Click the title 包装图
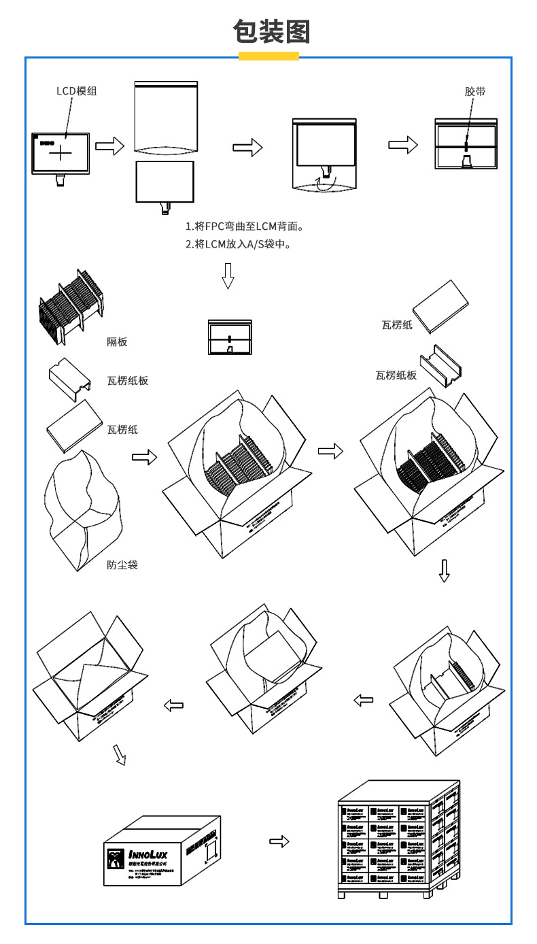[x=271, y=31]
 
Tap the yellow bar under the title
[x=268, y=56]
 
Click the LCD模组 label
[x=76, y=91]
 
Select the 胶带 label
[x=475, y=91]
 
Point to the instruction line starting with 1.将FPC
[x=244, y=226]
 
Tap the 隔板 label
[x=117, y=341]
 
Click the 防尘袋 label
[x=122, y=564]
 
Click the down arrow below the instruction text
[x=228, y=275]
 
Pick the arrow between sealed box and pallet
[x=279, y=842]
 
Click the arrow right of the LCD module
[x=109, y=146]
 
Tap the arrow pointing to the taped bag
[x=402, y=144]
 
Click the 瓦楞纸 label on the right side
[x=397, y=325]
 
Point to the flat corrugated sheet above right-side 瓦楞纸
[x=440, y=306]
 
